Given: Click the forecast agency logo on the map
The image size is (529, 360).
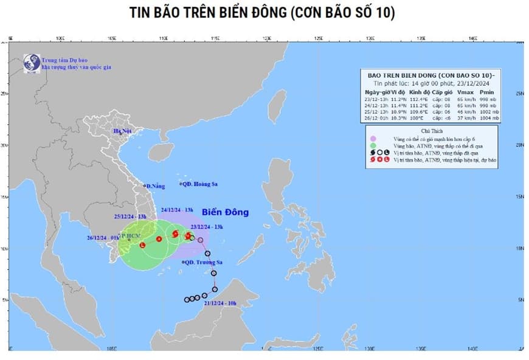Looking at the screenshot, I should pyautogui.click(x=31, y=63).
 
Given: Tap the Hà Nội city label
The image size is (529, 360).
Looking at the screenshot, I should pyautogui.click(x=122, y=131).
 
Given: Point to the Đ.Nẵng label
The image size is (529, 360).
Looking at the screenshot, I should pyautogui.click(x=156, y=185).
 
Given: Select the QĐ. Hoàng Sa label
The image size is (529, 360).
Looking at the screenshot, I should pyautogui.click(x=199, y=184).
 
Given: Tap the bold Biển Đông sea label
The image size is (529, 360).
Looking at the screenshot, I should pyautogui.click(x=225, y=212).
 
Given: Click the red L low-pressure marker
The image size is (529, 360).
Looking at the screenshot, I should pyautogui.click(x=143, y=244).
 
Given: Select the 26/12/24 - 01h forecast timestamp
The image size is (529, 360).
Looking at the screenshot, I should pyautogui.click(x=106, y=237).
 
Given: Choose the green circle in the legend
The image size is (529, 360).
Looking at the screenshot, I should pyautogui.click(x=376, y=146).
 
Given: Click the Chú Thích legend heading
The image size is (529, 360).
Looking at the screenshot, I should pyautogui.click(x=432, y=131).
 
